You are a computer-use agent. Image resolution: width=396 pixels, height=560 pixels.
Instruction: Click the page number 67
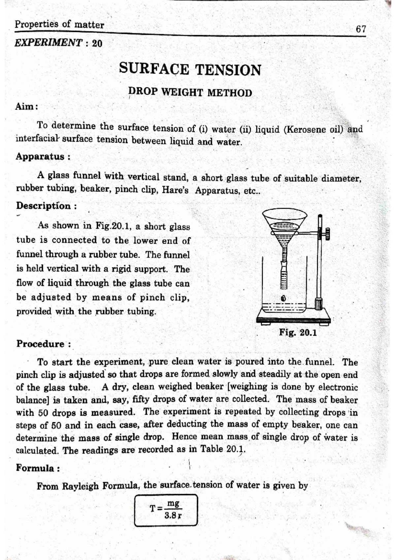pos(361,29)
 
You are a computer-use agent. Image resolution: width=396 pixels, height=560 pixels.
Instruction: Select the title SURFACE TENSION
pos(190,69)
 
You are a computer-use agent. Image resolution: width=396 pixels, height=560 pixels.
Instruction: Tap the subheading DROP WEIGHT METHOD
pos(190,92)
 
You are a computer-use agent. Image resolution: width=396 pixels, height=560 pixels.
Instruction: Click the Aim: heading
pos(27,107)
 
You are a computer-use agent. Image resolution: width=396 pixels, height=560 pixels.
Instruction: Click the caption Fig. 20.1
pos(298,332)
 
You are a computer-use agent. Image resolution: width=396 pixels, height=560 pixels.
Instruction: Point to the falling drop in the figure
pos(283,298)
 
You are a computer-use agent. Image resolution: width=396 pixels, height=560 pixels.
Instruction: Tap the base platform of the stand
pos(293,319)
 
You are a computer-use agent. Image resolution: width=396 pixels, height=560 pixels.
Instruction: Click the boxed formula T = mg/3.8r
pos(166,510)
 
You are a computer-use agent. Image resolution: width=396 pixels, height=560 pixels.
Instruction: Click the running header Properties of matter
pos(59,24)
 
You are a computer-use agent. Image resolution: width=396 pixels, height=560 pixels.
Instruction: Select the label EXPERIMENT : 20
pos(58,43)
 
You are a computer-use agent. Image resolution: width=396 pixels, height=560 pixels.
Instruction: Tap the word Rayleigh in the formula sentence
pos(81,486)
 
